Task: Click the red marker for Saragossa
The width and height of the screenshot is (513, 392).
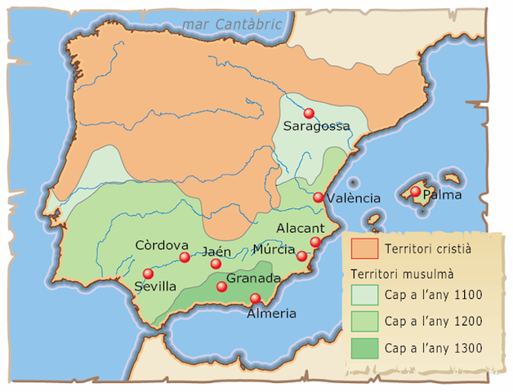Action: click(x=309, y=114)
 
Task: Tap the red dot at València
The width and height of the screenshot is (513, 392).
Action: click(x=319, y=198)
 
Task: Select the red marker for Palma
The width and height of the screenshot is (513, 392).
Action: click(x=416, y=192)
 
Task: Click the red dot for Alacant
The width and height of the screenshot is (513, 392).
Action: click(x=315, y=242)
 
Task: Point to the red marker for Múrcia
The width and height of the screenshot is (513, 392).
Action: click(x=301, y=256)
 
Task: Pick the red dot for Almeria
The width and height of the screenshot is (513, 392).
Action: click(x=256, y=298)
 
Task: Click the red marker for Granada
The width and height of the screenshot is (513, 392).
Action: click(x=221, y=286)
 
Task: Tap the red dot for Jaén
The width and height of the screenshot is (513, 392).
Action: click(x=216, y=264)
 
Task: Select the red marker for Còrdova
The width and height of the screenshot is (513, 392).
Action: click(x=185, y=257)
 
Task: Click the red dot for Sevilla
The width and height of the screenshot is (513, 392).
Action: click(x=148, y=274)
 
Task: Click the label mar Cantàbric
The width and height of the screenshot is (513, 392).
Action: click(x=232, y=24)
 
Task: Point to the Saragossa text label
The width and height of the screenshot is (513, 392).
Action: click(x=316, y=127)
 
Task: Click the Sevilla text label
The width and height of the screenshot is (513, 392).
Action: click(x=156, y=287)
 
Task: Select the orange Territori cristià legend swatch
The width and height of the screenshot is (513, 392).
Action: click(x=364, y=247)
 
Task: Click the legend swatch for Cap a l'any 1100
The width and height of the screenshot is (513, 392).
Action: click(x=364, y=295)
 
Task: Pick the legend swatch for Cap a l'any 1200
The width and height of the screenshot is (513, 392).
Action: click(x=364, y=321)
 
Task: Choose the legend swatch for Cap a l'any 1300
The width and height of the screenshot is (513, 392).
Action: click(x=364, y=348)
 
